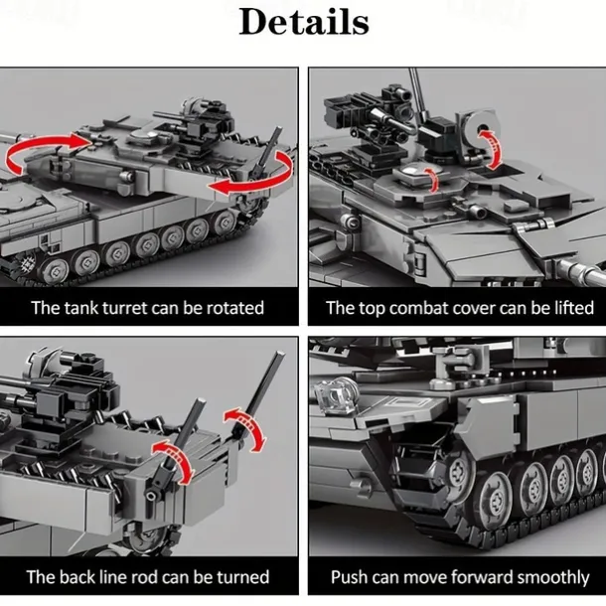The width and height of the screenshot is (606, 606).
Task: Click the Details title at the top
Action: click(304, 22)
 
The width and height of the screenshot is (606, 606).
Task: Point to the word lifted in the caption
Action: click(574, 308)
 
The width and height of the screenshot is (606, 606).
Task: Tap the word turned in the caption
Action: click(242, 577)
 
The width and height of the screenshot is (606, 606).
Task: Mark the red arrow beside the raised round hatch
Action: click(493, 148)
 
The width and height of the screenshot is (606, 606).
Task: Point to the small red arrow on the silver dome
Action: click(432, 179)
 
